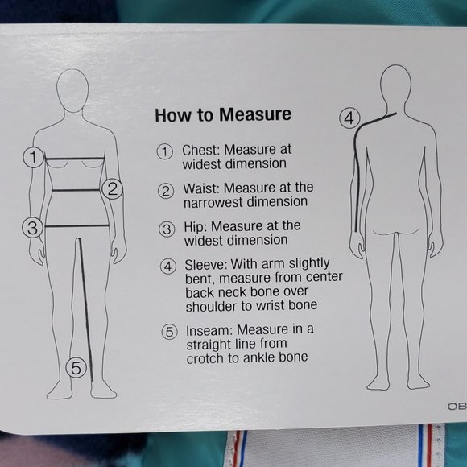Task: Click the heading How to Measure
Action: pyautogui.click(x=223, y=114)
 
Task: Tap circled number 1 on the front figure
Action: pyautogui.click(x=33, y=157)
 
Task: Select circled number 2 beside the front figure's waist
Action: pyautogui.click(x=112, y=189)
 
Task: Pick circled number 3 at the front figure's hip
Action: pyautogui.click(x=32, y=228)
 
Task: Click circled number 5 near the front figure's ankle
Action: pyautogui.click(x=76, y=368)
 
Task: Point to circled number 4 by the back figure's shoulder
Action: pyautogui.click(x=349, y=118)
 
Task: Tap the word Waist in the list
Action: pyautogui.click(x=201, y=188)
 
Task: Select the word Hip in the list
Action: pyautogui.click(x=195, y=226)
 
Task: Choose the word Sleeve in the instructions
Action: pyautogui.click(x=206, y=264)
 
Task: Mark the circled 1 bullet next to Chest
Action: pyautogui.click(x=165, y=151)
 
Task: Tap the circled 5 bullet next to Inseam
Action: pyautogui.click(x=169, y=332)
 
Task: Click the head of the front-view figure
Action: pyautogui.click(x=72, y=90)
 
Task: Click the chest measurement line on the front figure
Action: pyautogui.click(x=75, y=159)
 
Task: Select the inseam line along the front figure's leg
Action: pyautogui.click(x=86, y=310)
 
